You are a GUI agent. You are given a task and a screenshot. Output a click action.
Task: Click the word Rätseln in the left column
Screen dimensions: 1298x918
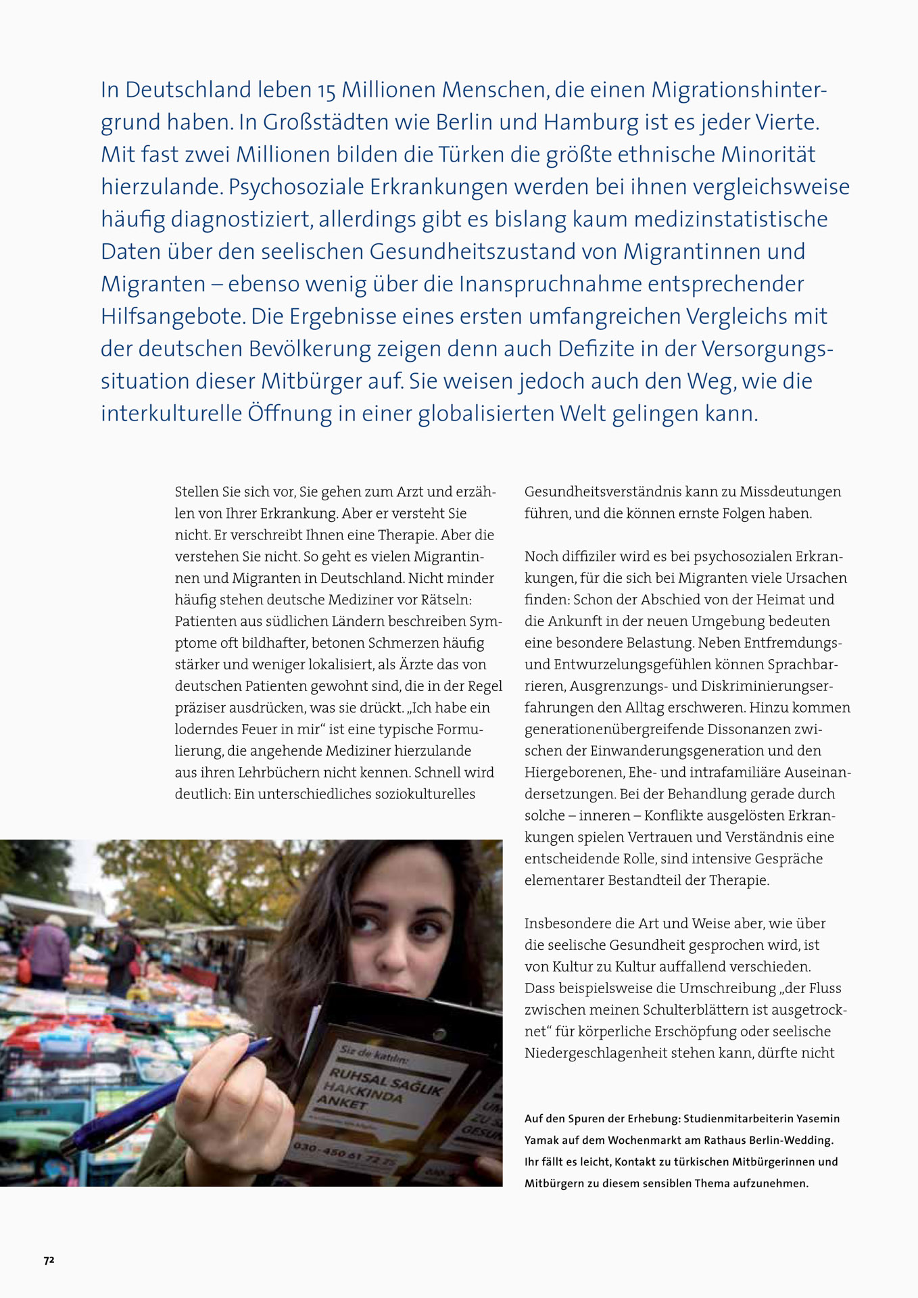point(449,600)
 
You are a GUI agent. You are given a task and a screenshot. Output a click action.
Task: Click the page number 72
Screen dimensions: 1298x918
point(49,1260)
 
